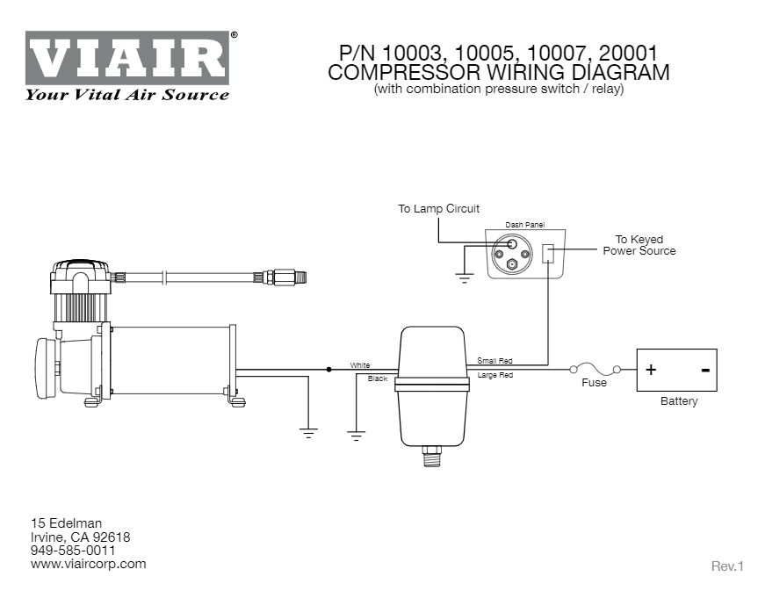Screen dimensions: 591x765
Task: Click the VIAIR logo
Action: pyautogui.click(x=129, y=59)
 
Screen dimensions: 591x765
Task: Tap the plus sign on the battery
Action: pyautogui.click(x=651, y=370)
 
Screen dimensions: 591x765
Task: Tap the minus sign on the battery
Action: pyautogui.click(x=704, y=370)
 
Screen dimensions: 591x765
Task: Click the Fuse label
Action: pyautogui.click(x=595, y=383)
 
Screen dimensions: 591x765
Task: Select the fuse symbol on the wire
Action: pyautogui.click(x=595, y=369)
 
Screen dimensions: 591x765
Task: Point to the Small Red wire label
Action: pyautogui.click(x=494, y=361)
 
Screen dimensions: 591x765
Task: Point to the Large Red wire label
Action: pyautogui.click(x=495, y=376)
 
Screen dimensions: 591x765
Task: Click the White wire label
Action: pyautogui.click(x=360, y=364)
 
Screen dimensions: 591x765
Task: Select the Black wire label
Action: pyautogui.click(x=378, y=378)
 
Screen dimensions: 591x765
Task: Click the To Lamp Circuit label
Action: pyautogui.click(x=438, y=209)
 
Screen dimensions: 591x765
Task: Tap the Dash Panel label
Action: pyautogui.click(x=525, y=226)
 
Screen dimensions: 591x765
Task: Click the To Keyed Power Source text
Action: pyautogui.click(x=639, y=245)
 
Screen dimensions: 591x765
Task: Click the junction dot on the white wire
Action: pyautogui.click(x=329, y=370)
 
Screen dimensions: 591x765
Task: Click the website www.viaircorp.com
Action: pyautogui.click(x=89, y=564)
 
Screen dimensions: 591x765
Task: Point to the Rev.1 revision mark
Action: pyautogui.click(x=727, y=566)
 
